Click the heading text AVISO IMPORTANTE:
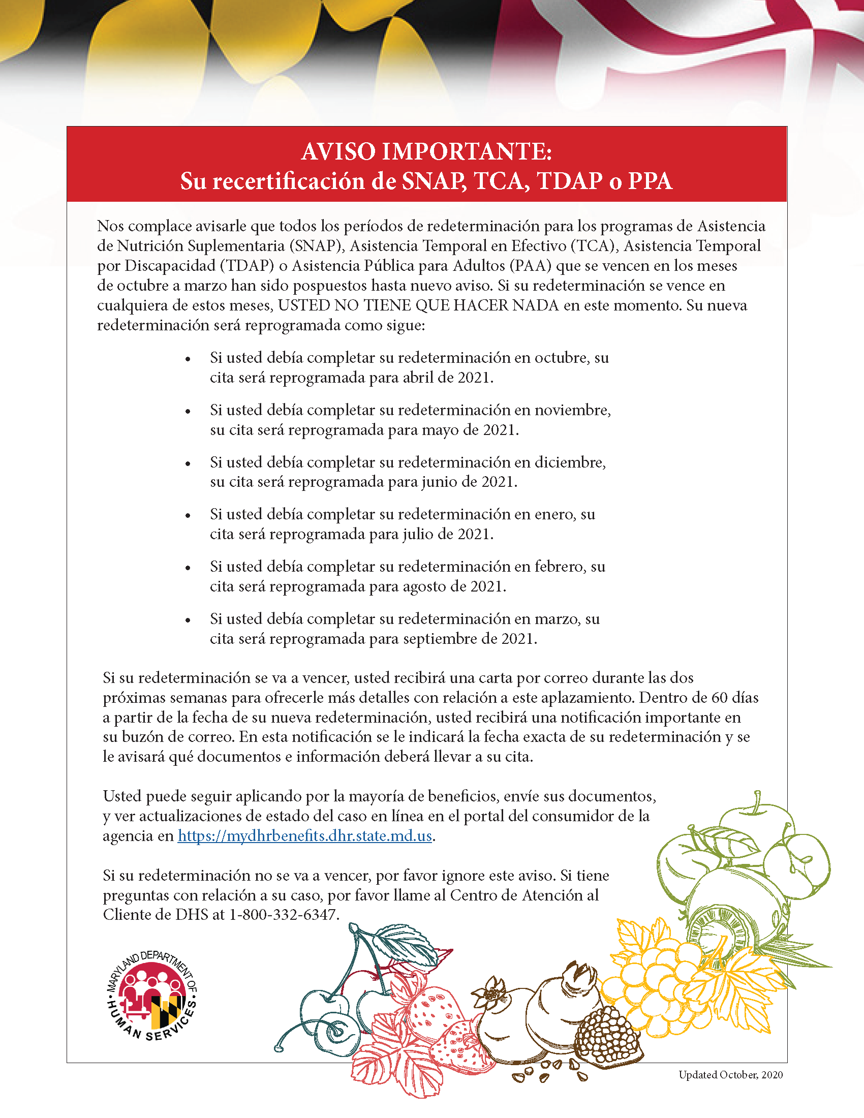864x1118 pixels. click(x=426, y=151)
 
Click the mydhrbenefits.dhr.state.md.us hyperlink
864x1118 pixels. click(x=305, y=836)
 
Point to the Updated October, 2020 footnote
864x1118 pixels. click(x=730, y=1074)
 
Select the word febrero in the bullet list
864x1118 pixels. click(x=560, y=567)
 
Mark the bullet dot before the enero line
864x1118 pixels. click(x=188, y=515)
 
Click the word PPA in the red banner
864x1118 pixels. click(x=650, y=181)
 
